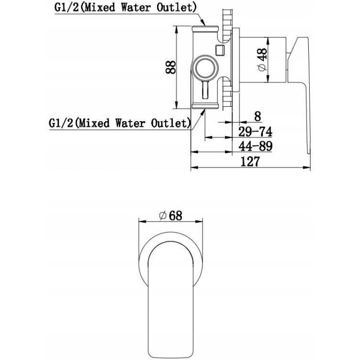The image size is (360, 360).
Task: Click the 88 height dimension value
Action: (170, 67)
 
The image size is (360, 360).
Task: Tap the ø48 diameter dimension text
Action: (262, 60)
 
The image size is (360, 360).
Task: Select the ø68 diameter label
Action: (170, 215)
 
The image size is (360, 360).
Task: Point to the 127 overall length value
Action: (250, 161)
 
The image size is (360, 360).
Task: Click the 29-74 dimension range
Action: (255, 132)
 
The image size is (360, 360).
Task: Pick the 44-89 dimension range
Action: (255, 146)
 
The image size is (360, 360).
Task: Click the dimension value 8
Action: (258, 116)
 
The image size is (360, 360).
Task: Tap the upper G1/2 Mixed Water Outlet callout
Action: (125, 8)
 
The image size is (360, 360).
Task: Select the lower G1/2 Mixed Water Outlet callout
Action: (120, 124)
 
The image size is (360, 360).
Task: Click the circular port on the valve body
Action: (204, 68)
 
